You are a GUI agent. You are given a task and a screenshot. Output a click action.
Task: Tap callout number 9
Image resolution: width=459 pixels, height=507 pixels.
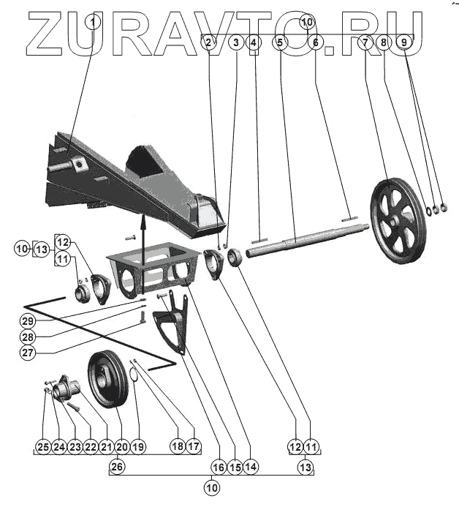(403, 43)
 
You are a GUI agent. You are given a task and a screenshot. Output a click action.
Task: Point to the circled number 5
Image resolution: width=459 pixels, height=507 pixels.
(278, 43)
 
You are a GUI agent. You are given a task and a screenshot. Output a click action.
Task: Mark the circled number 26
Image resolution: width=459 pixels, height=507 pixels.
(118, 465)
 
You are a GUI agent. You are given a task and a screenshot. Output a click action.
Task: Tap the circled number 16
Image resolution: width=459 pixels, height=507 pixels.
(218, 465)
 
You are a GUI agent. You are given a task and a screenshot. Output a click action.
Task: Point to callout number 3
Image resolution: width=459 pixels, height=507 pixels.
(235, 43)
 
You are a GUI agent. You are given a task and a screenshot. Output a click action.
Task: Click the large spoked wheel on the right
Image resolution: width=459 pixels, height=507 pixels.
(398, 219)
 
